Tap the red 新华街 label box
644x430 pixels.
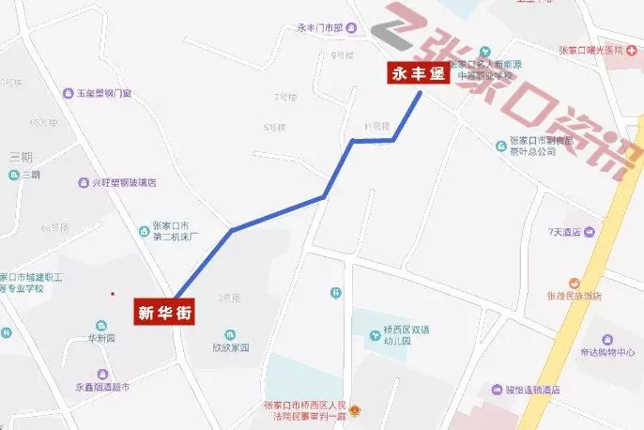pyautogui.click(x=165, y=315)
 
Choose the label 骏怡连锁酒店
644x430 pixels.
pyautogui.click(x=531, y=390)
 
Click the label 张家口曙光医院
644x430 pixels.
pyautogui.click(x=590, y=50)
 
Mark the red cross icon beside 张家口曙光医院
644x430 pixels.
pyautogui.click(x=632, y=50)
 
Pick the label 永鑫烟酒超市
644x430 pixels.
pyautogui.click(x=102, y=387)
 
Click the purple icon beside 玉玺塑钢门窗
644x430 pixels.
pyautogui.click(x=68, y=93)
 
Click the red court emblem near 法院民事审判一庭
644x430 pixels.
pyautogui.click(x=354, y=410)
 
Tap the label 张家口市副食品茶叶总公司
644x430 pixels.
pyautogui.click(x=546, y=146)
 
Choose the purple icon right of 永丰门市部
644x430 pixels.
pyautogui.click(x=350, y=29)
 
